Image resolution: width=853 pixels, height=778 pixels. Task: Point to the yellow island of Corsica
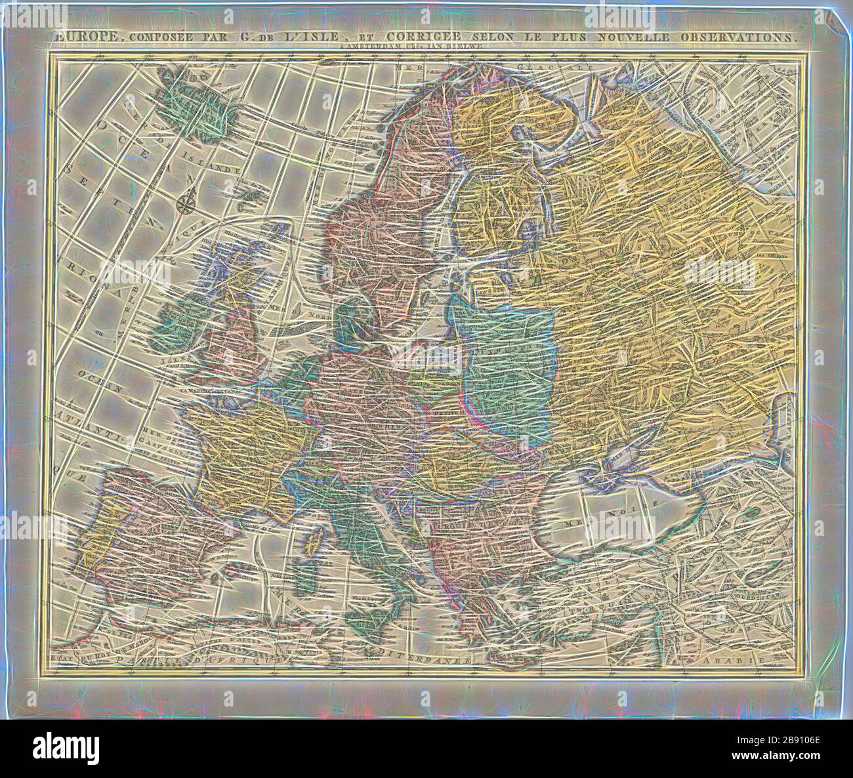point(314,543)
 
